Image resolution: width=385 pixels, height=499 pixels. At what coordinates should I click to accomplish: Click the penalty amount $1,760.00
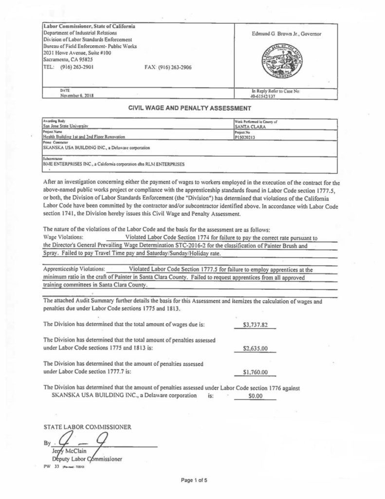pos(256,373)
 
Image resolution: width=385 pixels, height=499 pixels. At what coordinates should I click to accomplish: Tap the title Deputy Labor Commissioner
pos(87,459)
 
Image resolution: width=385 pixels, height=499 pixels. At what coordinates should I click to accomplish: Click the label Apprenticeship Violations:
pos(73,269)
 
